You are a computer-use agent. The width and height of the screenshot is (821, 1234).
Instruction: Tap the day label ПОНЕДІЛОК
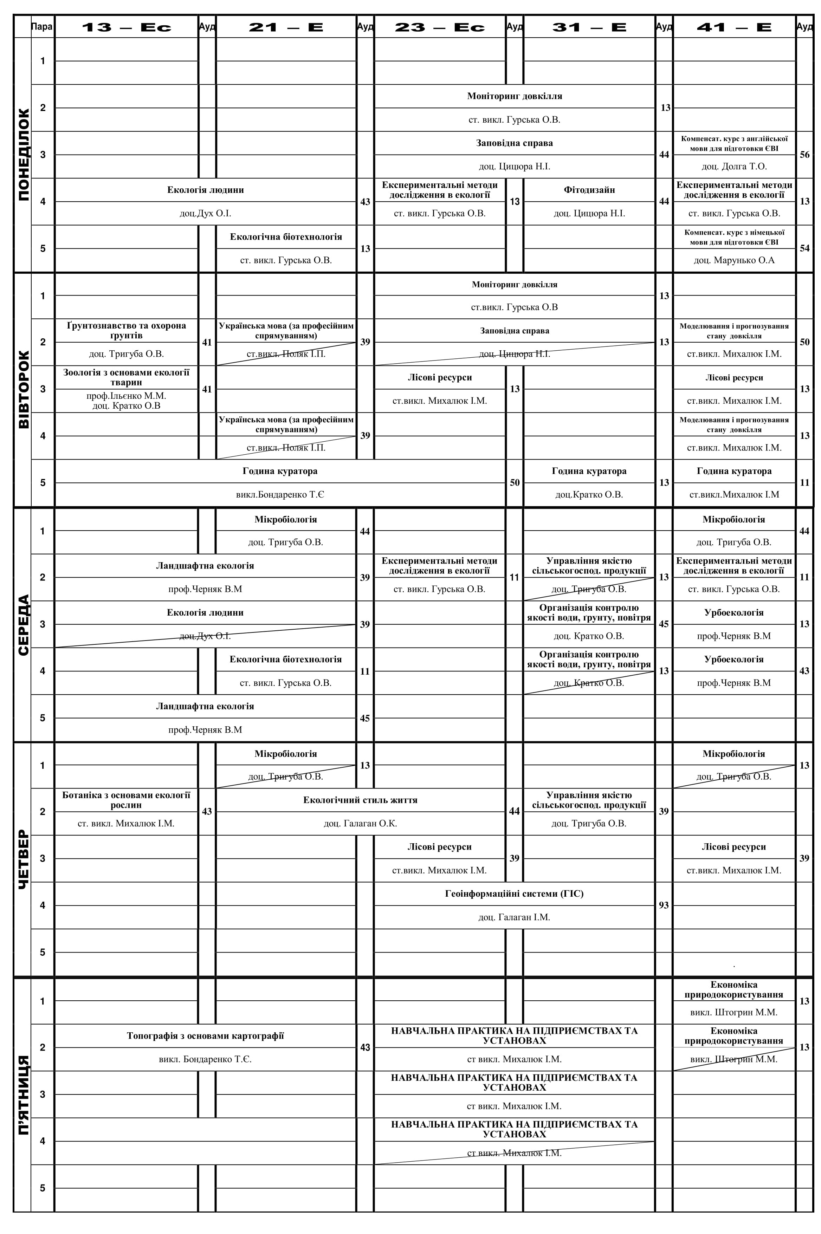tap(24, 155)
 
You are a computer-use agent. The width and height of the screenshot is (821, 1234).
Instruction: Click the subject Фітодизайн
tap(589, 190)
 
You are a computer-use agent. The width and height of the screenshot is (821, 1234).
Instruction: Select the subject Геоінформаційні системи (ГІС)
tap(514, 893)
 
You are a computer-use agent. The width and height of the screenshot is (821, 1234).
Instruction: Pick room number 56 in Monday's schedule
tap(804, 155)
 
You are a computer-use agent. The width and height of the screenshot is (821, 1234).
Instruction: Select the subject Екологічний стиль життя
tap(360, 800)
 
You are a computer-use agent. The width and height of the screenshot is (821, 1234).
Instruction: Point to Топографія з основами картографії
tap(205, 1036)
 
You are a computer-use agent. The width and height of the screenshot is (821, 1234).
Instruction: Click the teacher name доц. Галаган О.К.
tap(360, 823)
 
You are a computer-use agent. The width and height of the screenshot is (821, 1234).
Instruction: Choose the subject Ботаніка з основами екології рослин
tap(126, 800)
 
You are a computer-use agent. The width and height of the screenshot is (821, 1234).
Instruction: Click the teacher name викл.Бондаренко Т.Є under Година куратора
tap(280, 494)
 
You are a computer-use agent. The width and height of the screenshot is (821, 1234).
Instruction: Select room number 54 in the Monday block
tap(804, 248)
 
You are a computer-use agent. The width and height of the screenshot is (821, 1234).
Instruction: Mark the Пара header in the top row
tap(42, 27)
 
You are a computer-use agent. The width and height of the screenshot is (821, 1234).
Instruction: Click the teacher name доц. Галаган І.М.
tap(514, 917)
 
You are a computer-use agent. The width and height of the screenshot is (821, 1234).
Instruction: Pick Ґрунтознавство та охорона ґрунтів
tap(126, 330)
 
